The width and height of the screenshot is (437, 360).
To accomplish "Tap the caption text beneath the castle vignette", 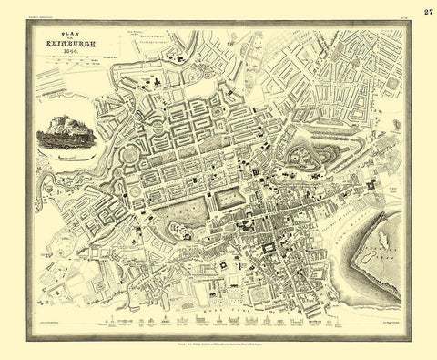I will [66, 157].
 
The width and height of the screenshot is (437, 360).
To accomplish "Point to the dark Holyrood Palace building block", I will [371, 187].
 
